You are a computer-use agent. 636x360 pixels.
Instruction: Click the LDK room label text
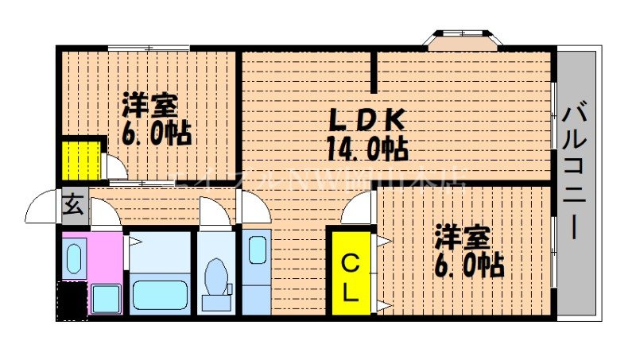[368, 119]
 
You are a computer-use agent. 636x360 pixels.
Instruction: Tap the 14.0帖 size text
[366, 147]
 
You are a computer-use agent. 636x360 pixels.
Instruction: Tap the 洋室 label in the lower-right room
[461, 238]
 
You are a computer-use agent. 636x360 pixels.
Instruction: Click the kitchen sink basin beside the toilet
[257, 250]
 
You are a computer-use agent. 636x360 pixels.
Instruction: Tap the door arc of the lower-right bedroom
[358, 209]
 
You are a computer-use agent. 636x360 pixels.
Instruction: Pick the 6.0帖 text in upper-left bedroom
[156, 134]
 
